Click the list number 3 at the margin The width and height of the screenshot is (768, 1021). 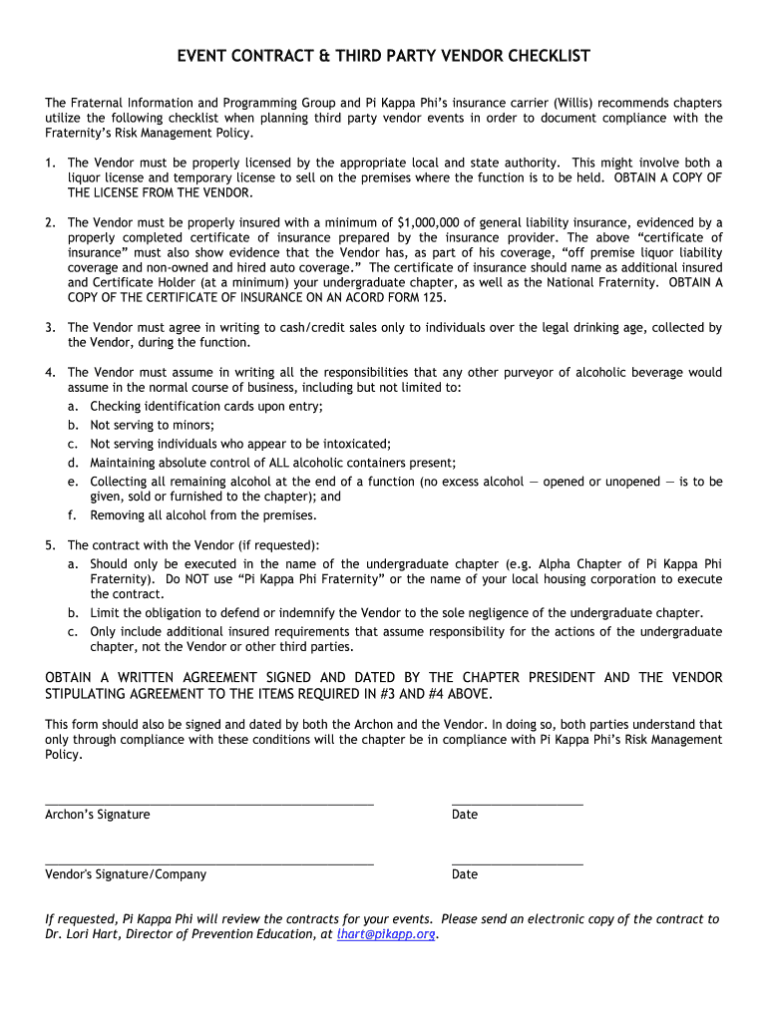pos(50,327)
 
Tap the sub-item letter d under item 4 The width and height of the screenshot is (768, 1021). pos(73,463)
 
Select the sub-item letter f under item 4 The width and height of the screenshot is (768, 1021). pos(73,515)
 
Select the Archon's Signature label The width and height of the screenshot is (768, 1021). pos(98,815)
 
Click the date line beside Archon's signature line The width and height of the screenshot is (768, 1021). pos(517,803)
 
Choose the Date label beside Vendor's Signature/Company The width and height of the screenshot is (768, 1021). pos(465,874)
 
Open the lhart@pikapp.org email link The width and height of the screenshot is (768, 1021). pos(386,934)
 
